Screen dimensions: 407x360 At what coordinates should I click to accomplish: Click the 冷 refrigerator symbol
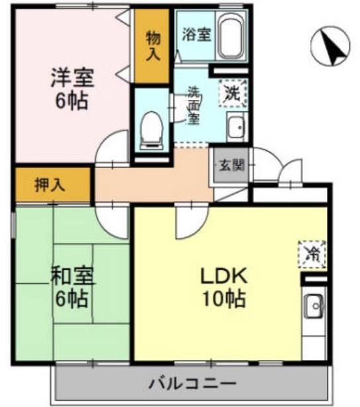click(x=310, y=251)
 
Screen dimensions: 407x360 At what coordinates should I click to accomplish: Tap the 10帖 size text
click(x=222, y=300)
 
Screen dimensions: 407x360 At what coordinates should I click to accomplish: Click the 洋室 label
click(x=71, y=78)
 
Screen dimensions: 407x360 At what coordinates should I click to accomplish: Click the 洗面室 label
click(x=193, y=105)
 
